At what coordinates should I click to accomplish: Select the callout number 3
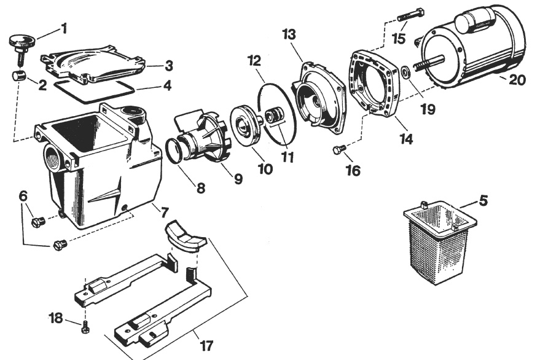pyautogui.click(x=169, y=66)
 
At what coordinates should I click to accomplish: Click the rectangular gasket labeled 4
pyautogui.click(x=92, y=92)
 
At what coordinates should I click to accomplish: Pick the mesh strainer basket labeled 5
pyautogui.click(x=439, y=241)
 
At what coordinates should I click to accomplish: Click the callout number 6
pyautogui.click(x=23, y=196)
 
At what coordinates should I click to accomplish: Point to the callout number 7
pyautogui.click(x=165, y=212)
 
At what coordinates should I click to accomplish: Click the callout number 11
pyautogui.click(x=288, y=157)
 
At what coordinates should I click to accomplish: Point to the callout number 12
pyautogui.click(x=254, y=61)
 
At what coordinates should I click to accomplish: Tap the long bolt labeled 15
pyautogui.click(x=411, y=15)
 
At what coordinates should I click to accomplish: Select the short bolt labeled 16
pyautogui.click(x=339, y=149)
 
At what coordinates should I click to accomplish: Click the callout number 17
pyautogui.click(x=206, y=345)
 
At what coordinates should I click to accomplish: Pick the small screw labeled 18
pyautogui.click(x=85, y=327)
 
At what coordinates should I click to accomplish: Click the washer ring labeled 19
pyautogui.click(x=405, y=73)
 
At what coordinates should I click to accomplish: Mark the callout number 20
pyautogui.click(x=517, y=80)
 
